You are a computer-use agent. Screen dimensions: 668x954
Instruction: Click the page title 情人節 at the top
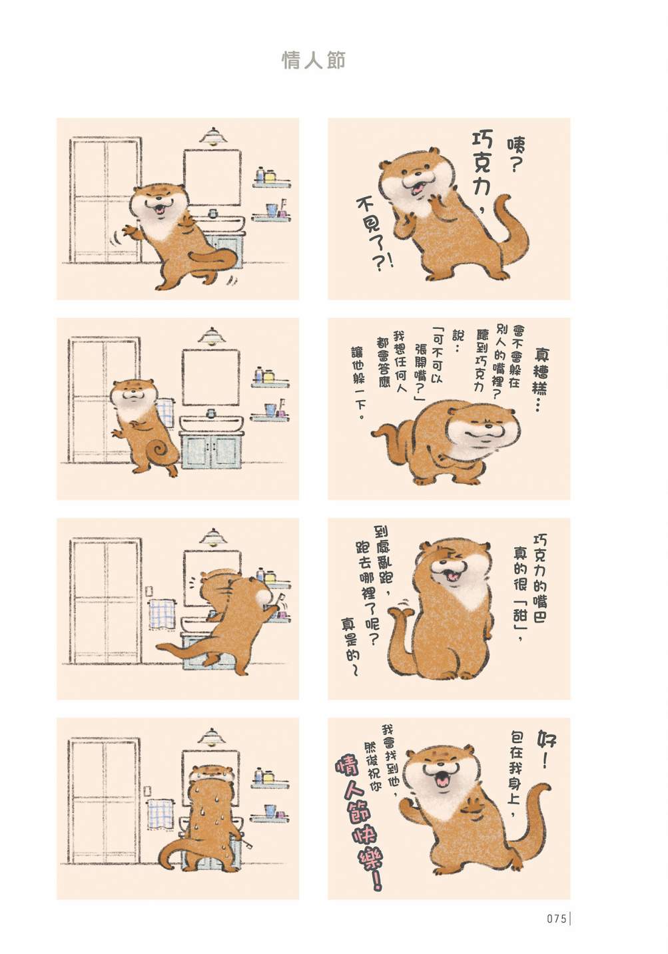tap(314, 61)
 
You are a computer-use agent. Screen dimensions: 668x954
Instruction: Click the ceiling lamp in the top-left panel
tap(213, 136)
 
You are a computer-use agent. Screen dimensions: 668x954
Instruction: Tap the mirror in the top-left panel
tap(212, 178)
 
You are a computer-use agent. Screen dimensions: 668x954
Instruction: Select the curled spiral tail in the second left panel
tap(162, 449)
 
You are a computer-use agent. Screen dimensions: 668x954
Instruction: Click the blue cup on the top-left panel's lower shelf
tap(271, 209)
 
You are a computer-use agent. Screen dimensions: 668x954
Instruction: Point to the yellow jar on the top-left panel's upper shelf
tap(270, 175)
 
